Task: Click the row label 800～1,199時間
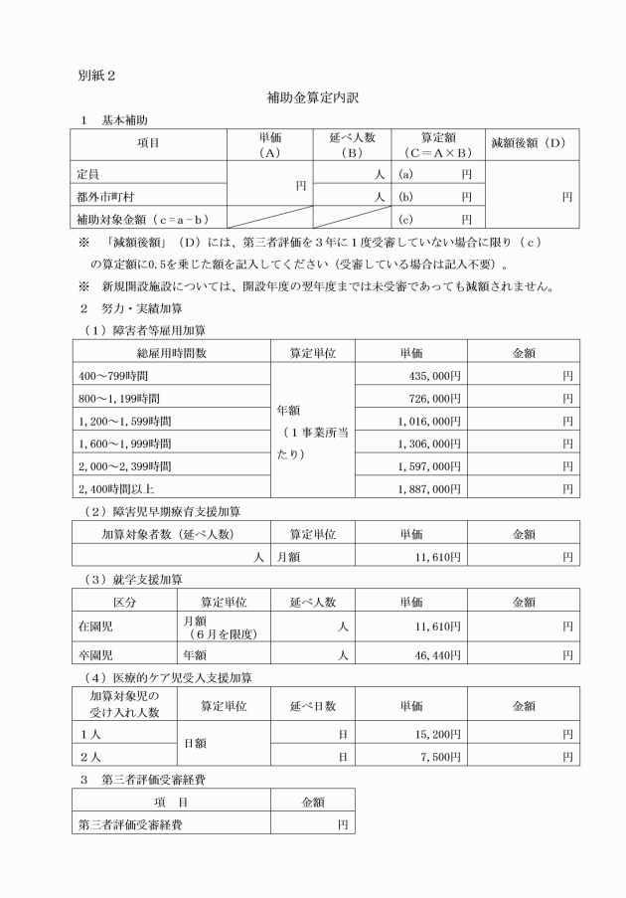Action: (117, 399)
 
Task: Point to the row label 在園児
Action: (94, 626)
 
